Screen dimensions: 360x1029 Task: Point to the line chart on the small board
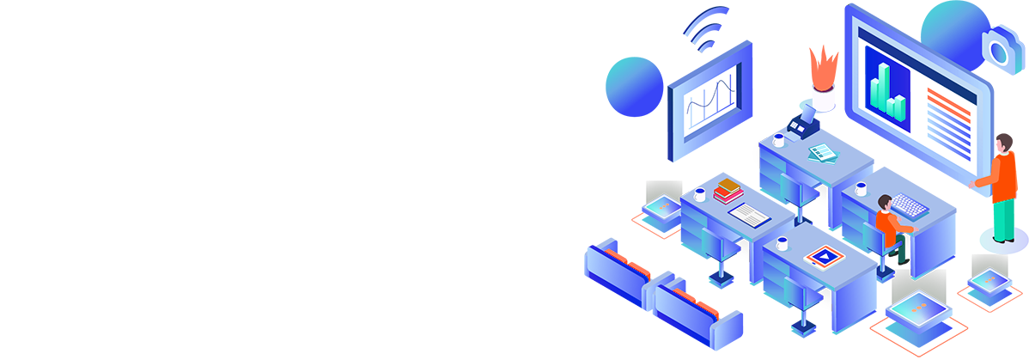pos(711,102)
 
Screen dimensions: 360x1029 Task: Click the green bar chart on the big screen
pos(886,91)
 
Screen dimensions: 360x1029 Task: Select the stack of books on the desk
pos(728,190)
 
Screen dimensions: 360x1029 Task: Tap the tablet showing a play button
pos(825,255)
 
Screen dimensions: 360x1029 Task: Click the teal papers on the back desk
pos(823,151)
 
